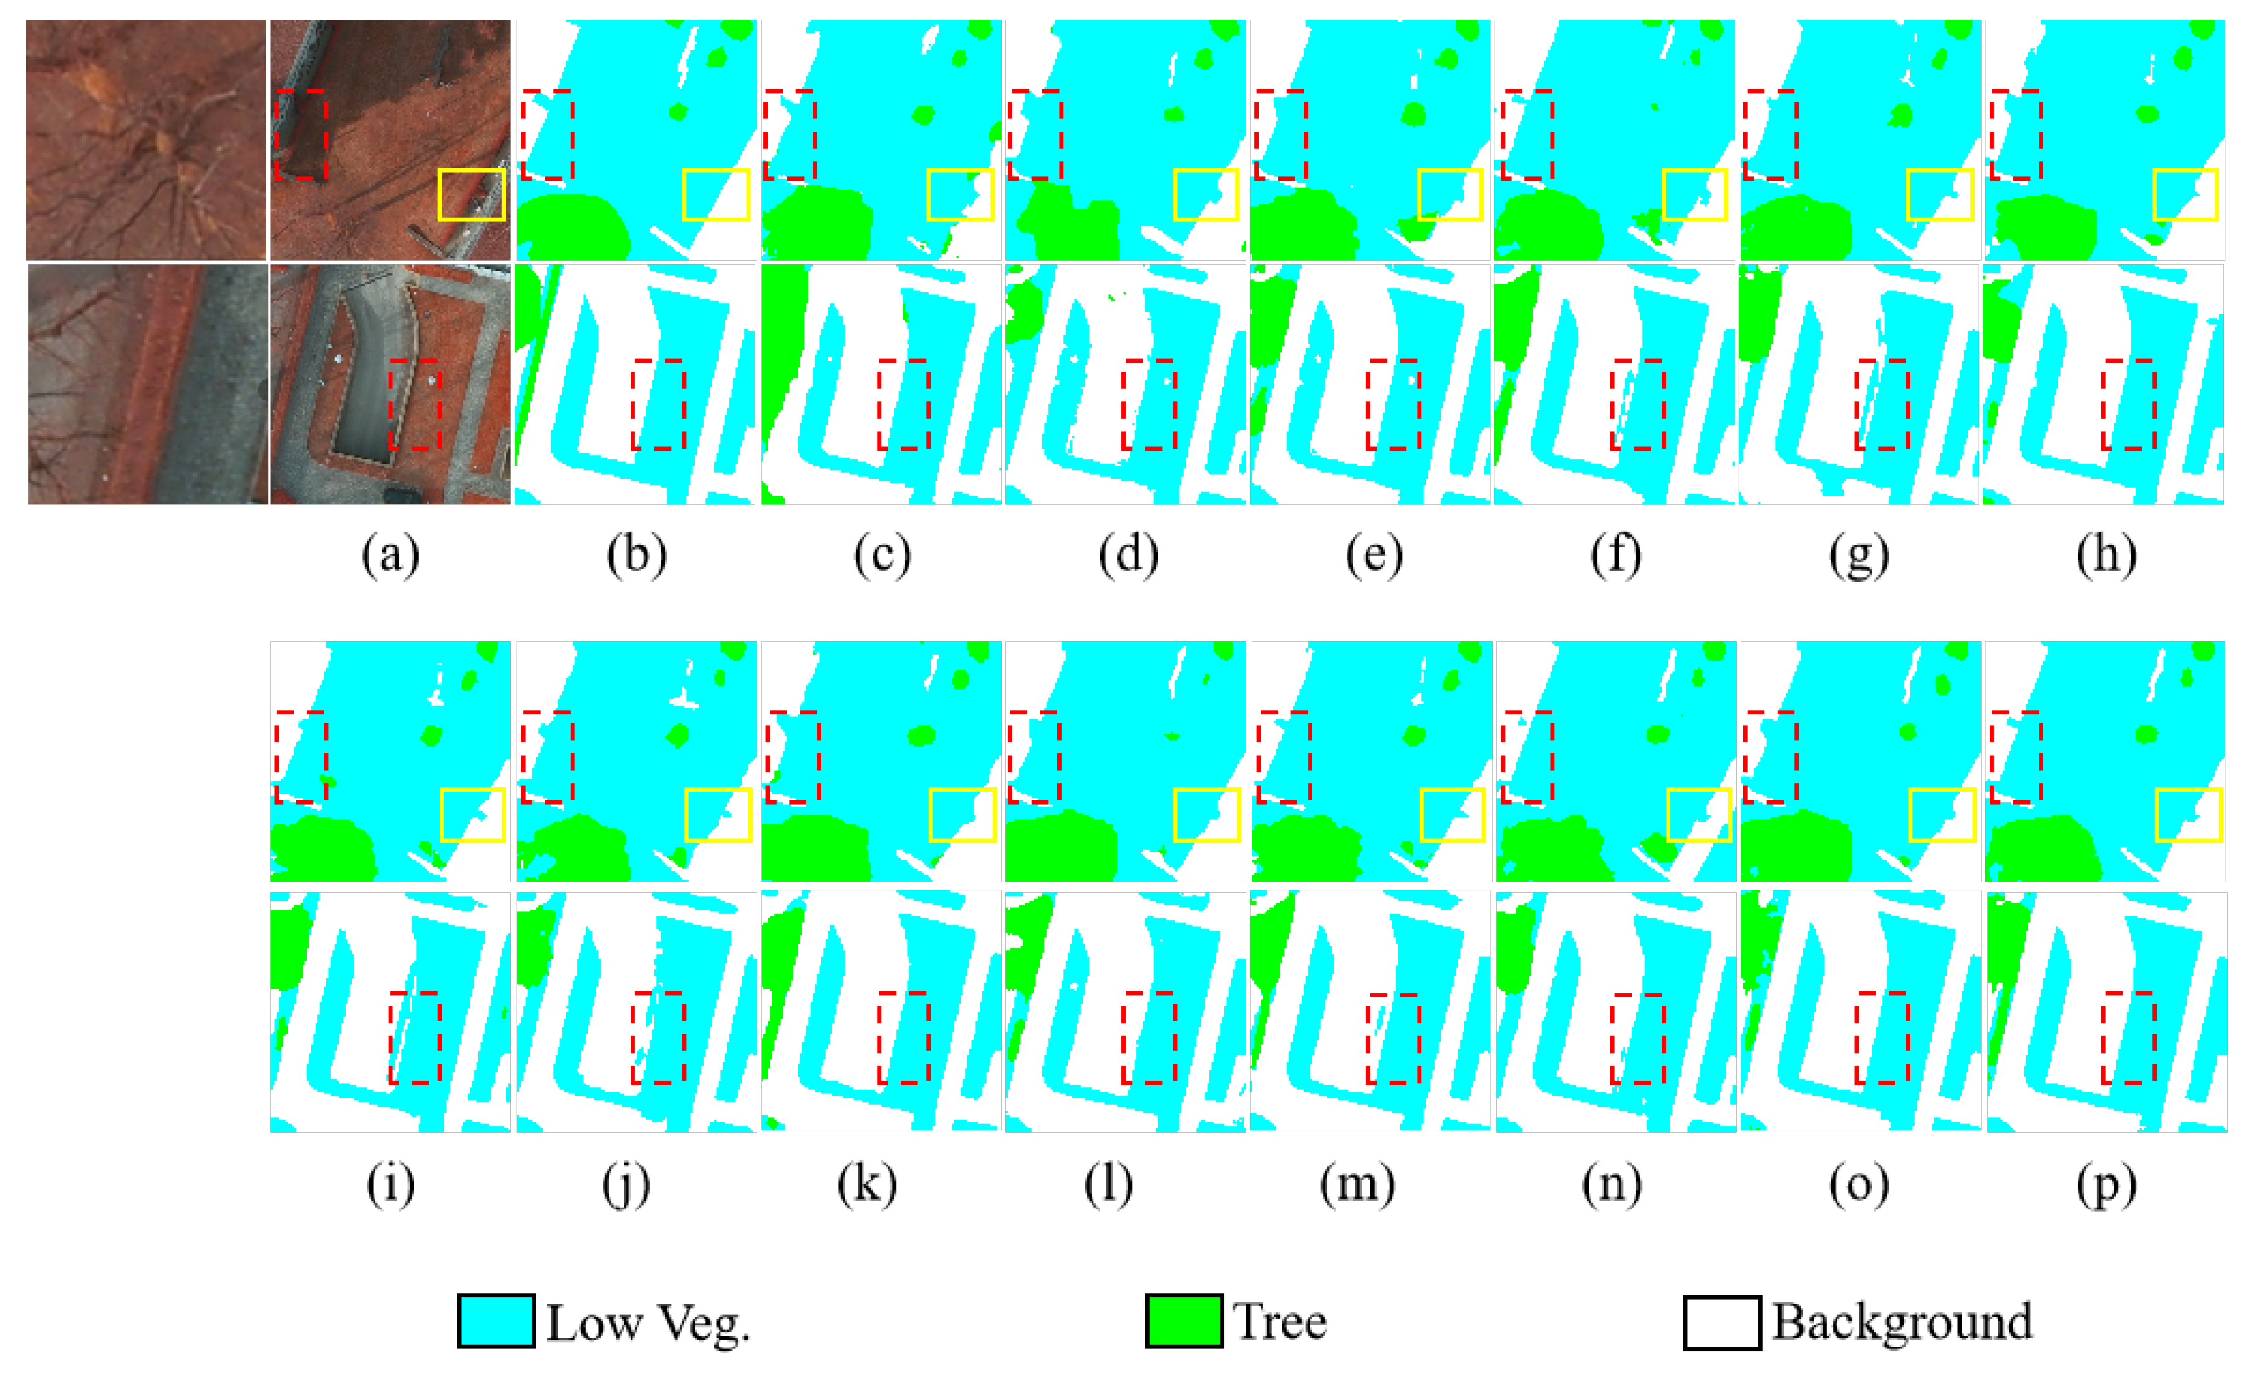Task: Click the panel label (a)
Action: (390, 554)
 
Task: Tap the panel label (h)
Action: (2106, 554)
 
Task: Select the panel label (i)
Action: (390, 1184)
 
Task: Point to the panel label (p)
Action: (2106, 1184)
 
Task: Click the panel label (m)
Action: (1357, 1184)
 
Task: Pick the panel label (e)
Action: (1373, 554)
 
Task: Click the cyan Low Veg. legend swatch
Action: (496, 1320)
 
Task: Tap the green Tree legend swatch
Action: (1184, 1320)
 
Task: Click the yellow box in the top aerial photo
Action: (472, 195)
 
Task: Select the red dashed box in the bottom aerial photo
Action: (415, 405)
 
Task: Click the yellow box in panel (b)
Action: (716, 195)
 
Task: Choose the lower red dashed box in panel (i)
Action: (415, 1037)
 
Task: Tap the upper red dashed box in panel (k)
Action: (793, 757)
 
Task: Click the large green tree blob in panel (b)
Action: (571, 228)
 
